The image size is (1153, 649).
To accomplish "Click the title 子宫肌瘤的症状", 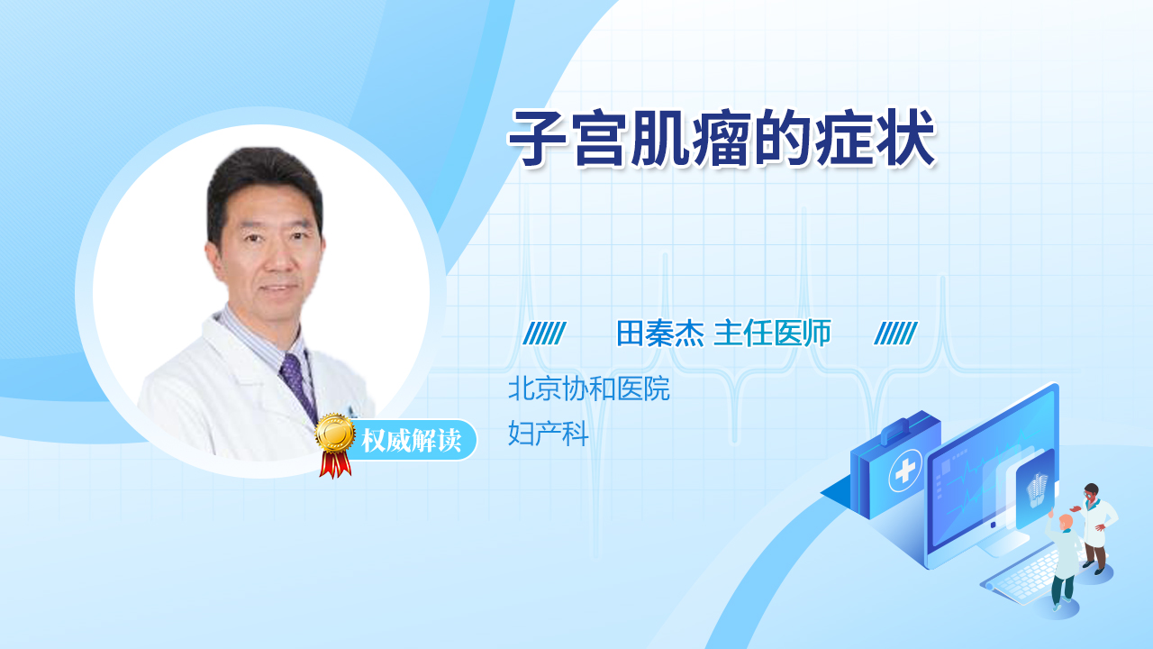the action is [721, 138].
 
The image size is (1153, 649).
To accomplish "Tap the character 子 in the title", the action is [538, 138].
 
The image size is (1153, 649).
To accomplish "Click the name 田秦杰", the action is [660, 334].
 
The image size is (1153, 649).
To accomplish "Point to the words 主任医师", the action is [772, 334].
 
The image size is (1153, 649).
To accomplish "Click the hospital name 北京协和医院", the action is [589, 388].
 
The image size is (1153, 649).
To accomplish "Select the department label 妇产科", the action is [549, 434].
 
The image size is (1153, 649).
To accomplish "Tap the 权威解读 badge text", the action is [411, 441].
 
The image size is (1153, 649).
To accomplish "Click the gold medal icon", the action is [335, 434].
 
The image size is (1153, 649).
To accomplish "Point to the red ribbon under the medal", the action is [335, 464].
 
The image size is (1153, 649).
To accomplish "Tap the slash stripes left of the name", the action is [544, 334].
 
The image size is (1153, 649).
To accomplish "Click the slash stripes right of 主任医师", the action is [895, 334].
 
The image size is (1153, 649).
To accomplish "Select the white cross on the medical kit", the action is [904, 471].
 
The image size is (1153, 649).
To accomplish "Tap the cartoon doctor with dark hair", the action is [1095, 528].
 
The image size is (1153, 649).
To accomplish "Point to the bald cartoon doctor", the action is [1062, 560].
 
